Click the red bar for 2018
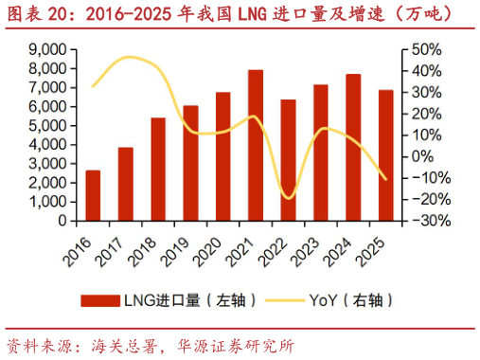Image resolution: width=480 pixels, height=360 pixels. click(158, 170)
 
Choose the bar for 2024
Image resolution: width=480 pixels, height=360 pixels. click(353, 148)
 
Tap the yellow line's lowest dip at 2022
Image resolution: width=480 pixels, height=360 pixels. click(289, 198)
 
